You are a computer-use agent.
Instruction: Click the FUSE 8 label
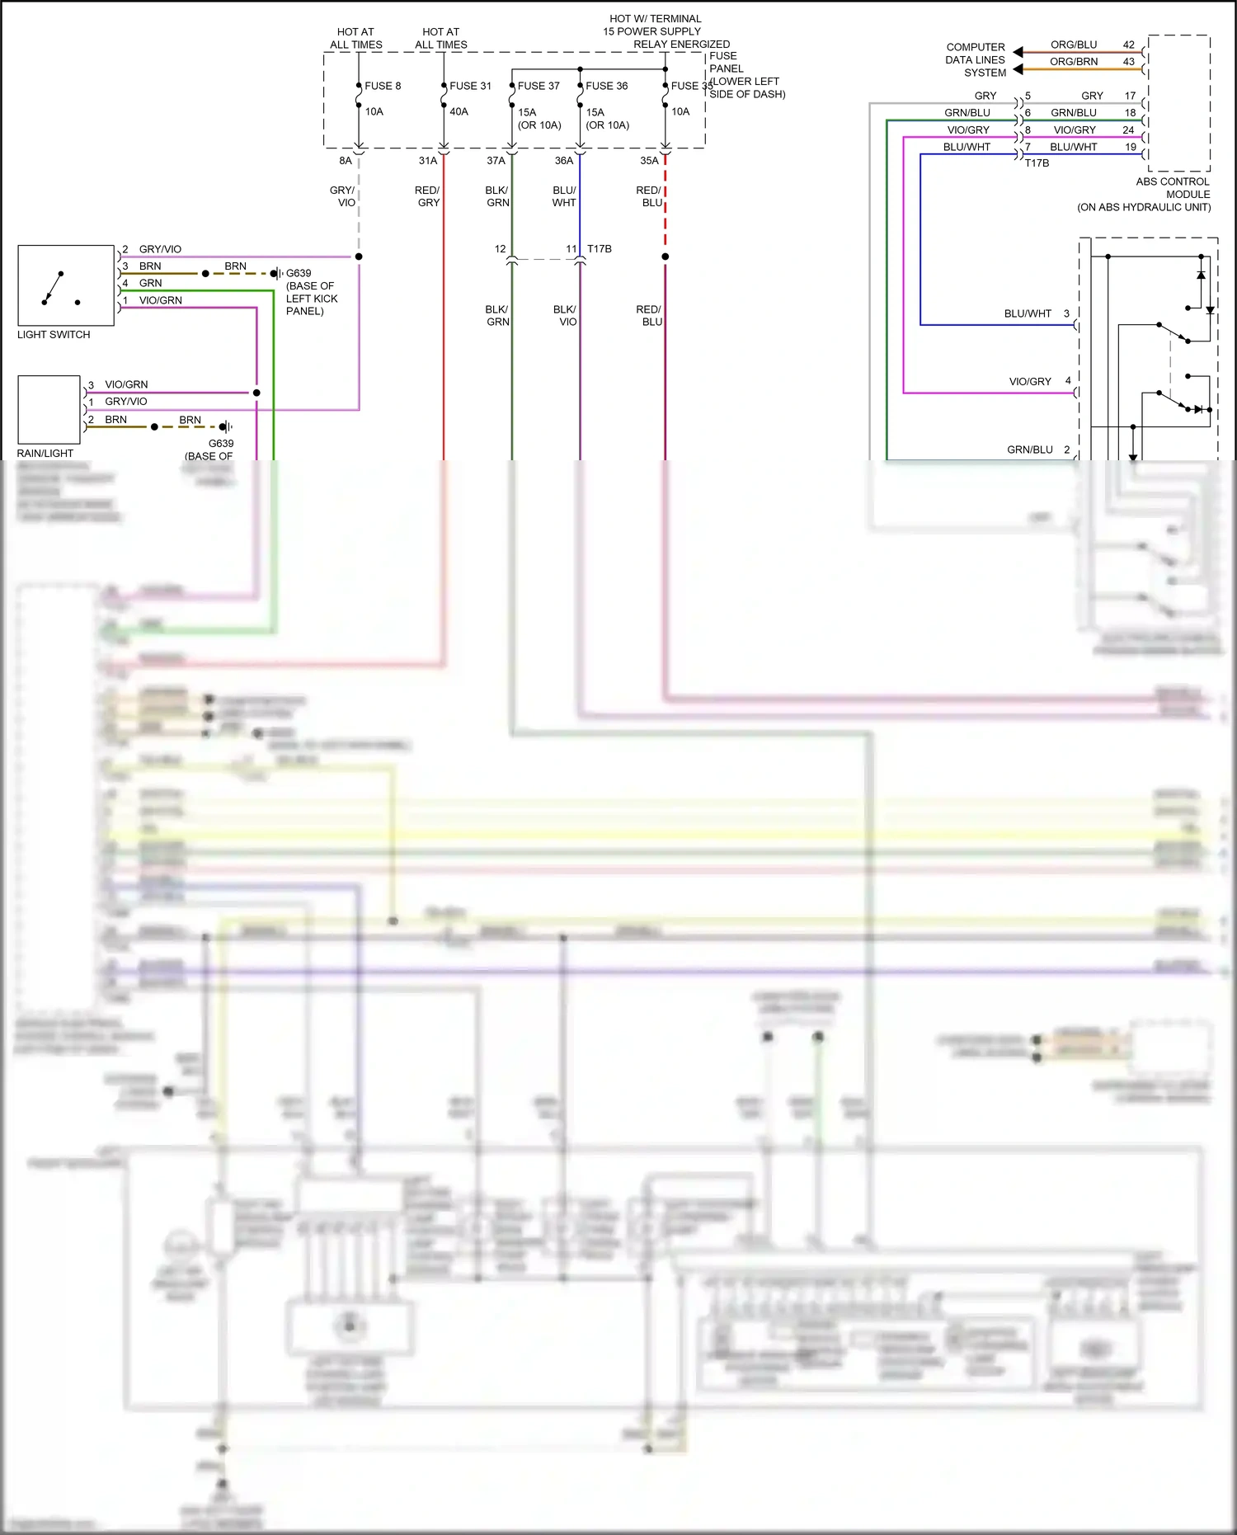[x=383, y=86]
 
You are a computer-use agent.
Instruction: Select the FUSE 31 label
[x=470, y=86]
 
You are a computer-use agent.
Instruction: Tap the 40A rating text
[x=459, y=111]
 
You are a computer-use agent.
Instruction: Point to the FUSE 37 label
[x=539, y=86]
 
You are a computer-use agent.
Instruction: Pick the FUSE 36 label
[x=607, y=86]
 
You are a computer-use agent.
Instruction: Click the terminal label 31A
[x=427, y=161]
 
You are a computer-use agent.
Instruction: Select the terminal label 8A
[x=346, y=161]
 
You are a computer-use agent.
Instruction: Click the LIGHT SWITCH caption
[x=54, y=335]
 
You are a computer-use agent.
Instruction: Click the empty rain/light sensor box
[x=49, y=410]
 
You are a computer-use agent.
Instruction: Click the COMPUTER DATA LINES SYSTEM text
[x=976, y=60]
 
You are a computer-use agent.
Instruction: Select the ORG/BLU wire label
[x=1073, y=45]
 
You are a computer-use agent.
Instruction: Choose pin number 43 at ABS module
[x=1128, y=62]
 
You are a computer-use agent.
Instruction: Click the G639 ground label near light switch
[x=299, y=273]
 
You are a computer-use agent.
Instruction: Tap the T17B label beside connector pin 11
[x=600, y=249]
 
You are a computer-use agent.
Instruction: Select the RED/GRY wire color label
[x=427, y=196]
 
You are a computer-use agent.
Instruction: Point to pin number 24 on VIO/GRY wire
[x=1128, y=130]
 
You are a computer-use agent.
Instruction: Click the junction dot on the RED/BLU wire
[x=666, y=257]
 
